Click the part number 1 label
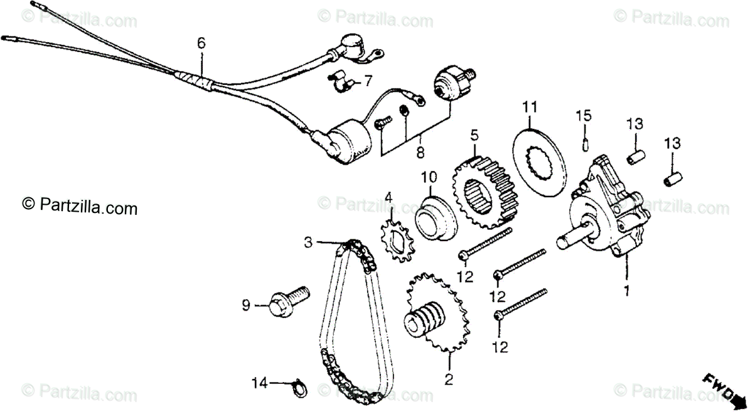(x=625, y=291)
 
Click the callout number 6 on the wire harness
(x=201, y=43)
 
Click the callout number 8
(x=420, y=152)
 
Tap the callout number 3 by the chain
(x=308, y=241)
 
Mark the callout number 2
(x=449, y=379)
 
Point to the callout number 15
(x=584, y=116)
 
